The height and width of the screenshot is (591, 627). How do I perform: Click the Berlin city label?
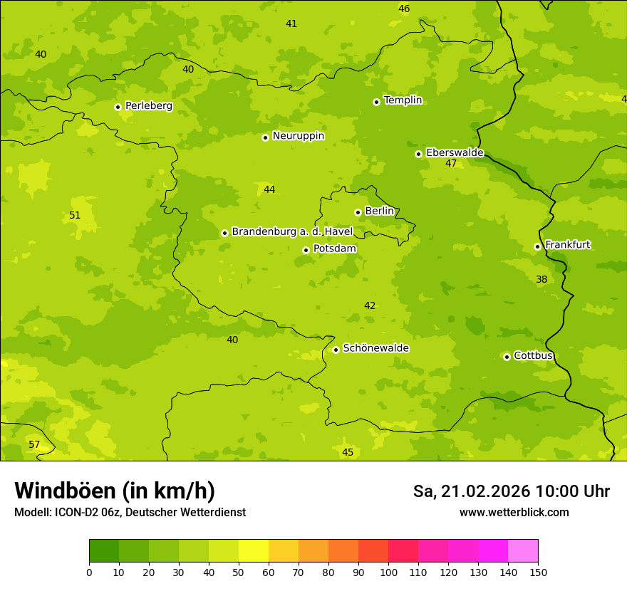coord(379,211)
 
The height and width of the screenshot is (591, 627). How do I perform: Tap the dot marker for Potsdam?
coord(306,250)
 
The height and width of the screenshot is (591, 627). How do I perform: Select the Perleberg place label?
coord(148,106)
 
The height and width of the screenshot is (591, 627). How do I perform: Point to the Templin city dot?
coord(376,102)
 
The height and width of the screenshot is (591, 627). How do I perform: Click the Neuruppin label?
coord(298,136)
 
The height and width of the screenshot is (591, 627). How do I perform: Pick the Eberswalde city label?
coord(455,153)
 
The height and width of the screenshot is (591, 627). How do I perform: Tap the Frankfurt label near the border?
coord(567,245)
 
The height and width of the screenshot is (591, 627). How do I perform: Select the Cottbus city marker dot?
coord(507,357)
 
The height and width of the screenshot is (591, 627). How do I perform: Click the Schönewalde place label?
coord(375,348)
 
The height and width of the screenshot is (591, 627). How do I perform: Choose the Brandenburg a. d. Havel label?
coord(292,232)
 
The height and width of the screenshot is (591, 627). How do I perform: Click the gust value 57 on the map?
coord(34,445)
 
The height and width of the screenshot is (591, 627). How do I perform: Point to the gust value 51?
coord(75,216)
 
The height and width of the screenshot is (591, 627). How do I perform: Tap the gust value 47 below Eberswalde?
coord(451,164)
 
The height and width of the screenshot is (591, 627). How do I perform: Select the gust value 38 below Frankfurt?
coord(541,280)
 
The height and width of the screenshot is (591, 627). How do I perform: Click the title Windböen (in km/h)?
coord(115,491)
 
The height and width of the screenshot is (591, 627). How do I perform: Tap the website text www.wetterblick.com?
coord(514,513)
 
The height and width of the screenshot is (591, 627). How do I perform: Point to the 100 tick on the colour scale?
coord(388,572)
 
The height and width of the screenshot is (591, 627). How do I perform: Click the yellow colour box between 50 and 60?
coord(254,551)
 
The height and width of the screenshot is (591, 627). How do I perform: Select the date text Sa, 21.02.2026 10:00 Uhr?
coord(511,491)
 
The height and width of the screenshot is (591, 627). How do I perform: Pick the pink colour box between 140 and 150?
coord(523,551)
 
